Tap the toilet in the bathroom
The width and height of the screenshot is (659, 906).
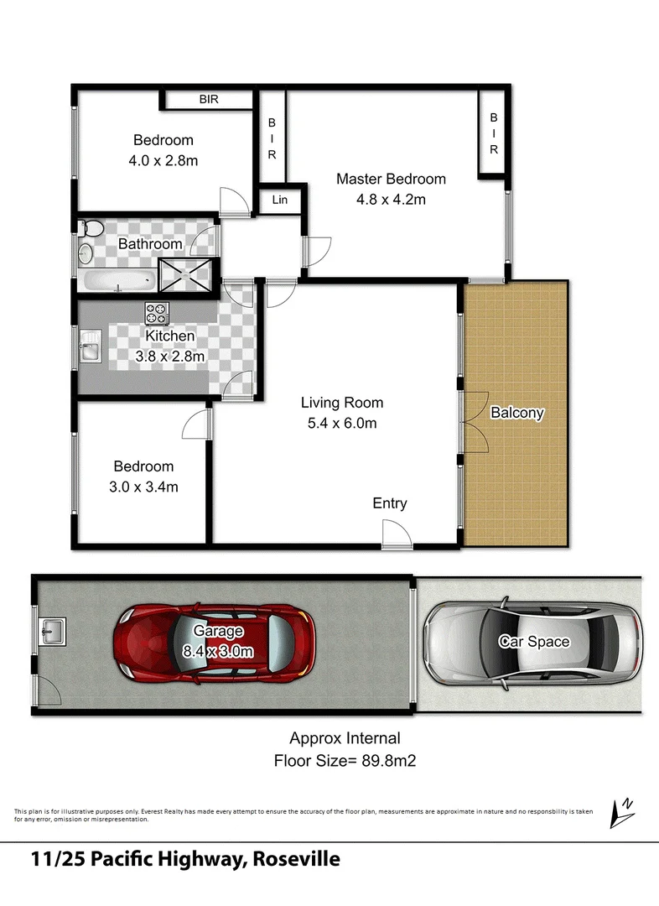click(91, 228)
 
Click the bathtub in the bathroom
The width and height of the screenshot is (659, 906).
click(117, 280)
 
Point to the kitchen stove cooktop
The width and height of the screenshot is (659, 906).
click(157, 313)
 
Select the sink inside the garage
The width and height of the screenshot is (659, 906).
click(53, 628)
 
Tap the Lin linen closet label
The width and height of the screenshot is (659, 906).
click(279, 200)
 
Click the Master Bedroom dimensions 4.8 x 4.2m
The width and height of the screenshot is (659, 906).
click(392, 200)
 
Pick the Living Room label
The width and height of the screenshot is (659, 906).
click(342, 403)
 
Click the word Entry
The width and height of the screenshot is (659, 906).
click(390, 503)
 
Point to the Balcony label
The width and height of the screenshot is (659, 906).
click(517, 413)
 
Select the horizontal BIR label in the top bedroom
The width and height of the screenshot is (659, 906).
click(209, 99)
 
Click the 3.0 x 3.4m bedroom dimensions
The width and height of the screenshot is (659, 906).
click(144, 487)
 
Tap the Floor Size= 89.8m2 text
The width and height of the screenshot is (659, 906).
click(345, 761)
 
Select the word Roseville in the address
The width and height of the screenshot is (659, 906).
click(294, 860)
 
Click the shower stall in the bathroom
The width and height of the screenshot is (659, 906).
click(185, 273)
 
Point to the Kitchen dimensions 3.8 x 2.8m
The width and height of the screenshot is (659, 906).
click(170, 356)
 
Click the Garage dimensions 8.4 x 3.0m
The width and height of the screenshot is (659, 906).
click(219, 650)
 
